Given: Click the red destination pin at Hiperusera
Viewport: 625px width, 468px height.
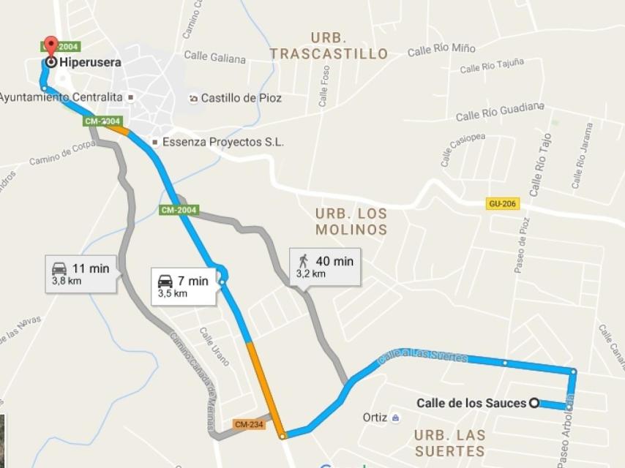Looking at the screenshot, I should coord(50,45).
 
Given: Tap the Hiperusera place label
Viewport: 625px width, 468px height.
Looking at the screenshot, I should coord(91,63).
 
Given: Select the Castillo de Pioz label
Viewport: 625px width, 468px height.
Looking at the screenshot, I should coord(241,98).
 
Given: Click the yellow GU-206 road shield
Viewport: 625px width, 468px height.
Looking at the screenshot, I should coord(503,203).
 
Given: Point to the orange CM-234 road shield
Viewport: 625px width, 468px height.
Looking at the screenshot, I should coord(249,424).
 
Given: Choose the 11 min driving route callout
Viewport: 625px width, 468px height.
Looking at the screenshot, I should coord(81,273).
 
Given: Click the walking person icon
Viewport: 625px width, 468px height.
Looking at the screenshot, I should coord(303,260).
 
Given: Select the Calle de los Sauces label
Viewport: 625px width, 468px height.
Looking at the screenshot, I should coord(471,403).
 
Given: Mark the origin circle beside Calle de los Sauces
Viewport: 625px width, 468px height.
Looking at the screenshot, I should coord(535,402).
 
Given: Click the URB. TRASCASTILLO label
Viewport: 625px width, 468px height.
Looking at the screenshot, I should coord(329,46).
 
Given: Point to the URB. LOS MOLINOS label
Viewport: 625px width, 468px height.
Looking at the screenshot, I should coord(351,222).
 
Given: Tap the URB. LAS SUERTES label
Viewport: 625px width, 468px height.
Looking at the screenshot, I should coord(449,442).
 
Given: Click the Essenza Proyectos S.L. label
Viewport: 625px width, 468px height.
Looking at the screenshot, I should coord(222,142).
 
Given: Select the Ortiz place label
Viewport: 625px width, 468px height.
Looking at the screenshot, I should coord(374,418).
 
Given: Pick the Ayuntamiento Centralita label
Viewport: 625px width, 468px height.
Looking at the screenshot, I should coord(61,97).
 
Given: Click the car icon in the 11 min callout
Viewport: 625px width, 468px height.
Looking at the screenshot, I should coord(59,268).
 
